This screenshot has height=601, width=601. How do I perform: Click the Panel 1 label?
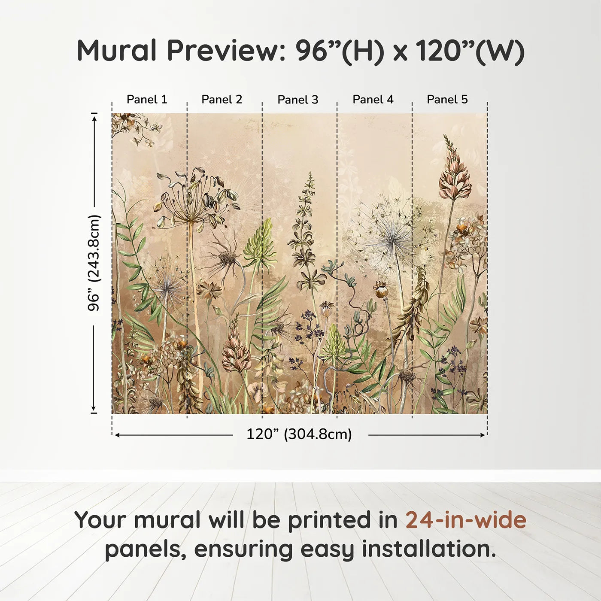(x=147, y=100)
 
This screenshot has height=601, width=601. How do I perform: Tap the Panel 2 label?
(x=222, y=100)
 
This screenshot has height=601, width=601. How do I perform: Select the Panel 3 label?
(x=297, y=100)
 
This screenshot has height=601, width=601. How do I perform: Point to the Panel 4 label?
(x=373, y=100)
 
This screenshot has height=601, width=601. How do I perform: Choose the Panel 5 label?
(x=447, y=100)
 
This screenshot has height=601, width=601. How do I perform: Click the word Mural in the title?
(x=117, y=51)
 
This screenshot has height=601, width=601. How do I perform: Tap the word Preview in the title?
(x=223, y=51)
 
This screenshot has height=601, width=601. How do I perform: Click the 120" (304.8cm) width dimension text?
(x=299, y=434)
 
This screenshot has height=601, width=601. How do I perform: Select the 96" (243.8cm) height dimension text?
(x=94, y=263)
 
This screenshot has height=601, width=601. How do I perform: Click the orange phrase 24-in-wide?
(x=466, y=520)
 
